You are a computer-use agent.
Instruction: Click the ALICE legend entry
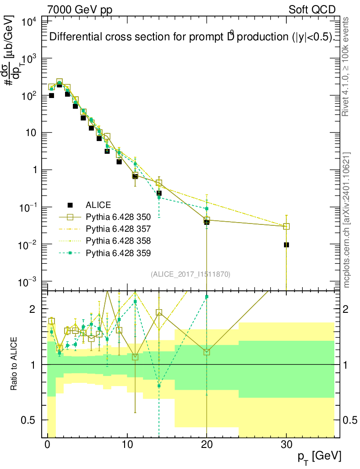click(x=98, y=205)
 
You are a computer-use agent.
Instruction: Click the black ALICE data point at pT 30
click(x=286, y=245)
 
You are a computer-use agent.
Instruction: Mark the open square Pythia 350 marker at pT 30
click(x=286, y=226)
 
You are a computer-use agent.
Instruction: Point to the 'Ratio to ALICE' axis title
click(x=15, y=364)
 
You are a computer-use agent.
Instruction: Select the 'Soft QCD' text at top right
click(x=312, y=10)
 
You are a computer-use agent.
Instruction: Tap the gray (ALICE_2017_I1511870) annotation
click(x=191, y=274)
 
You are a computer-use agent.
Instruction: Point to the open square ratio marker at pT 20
click(x=207, y=352)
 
